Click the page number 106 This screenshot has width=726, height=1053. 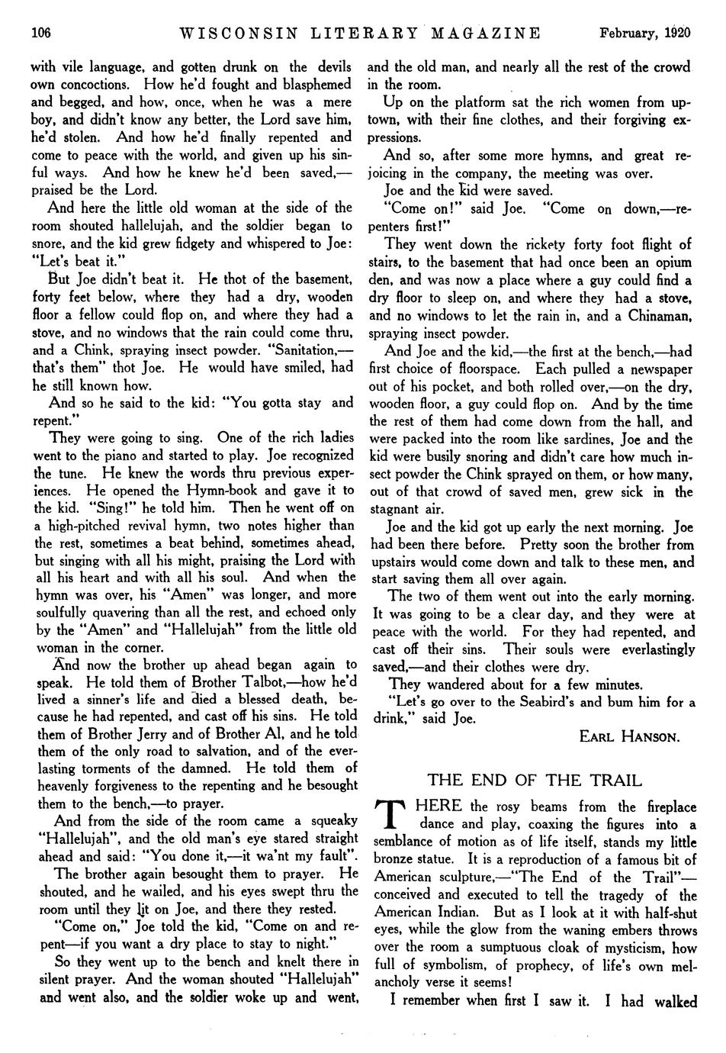[x=40, y=33]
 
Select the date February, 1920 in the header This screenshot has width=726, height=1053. [x=644, y=33]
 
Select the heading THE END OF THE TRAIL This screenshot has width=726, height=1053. [x=535, y=780]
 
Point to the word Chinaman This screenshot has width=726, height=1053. [x=657, y=315]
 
